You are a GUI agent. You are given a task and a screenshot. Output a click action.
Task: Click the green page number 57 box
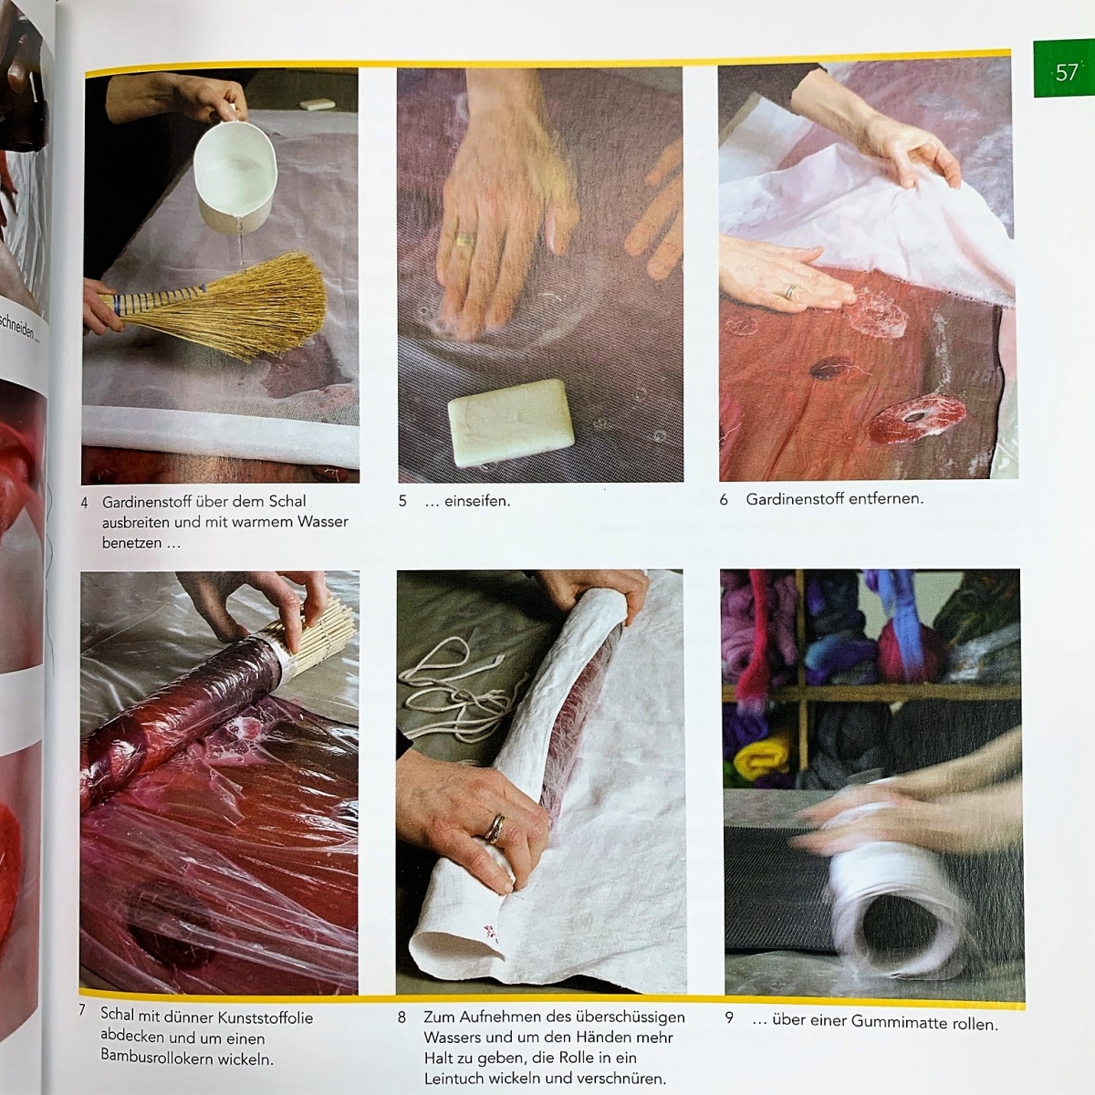tap(1064, 68)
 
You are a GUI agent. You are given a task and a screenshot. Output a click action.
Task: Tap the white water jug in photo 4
tap(235, 171)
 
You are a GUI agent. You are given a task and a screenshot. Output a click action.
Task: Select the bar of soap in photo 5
tap(511, 422)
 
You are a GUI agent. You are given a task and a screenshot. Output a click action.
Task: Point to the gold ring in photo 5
tap(464, 239)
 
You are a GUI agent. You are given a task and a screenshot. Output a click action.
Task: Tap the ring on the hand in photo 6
tap(790, 292)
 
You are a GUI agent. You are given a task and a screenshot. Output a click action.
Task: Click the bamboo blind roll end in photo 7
tap(318, 631)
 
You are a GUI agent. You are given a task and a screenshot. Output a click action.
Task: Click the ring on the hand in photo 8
tap(495, 829)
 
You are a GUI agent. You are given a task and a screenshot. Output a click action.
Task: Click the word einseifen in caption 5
tap(477, 501)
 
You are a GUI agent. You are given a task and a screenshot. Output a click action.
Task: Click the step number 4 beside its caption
tap(85, 503)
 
